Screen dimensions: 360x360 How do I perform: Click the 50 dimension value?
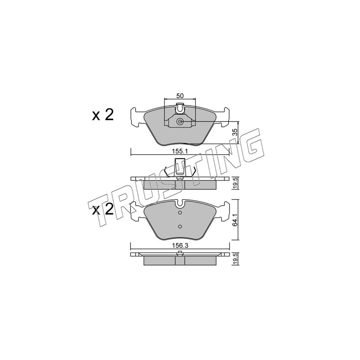pyautogui.click(x=180, y=96)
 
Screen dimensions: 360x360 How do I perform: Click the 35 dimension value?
pyautogui.click(x=234, y=132)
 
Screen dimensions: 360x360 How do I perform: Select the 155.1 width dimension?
pyautogui.click(x=180, y=151)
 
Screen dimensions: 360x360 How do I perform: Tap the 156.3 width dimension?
pyautogui.click(x=180, y=245)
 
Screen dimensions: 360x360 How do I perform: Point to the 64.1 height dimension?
pyautogui.click(x=234, y=220)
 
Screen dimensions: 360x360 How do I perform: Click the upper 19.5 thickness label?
pyautogui.click(x=234, y=184)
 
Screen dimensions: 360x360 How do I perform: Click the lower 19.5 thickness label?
pyautogui.click(x=234, y=260)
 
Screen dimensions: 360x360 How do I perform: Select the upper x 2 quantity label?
pyautogui.click(x=103, y=115)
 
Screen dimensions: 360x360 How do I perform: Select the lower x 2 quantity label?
pyautogui.click(x=103, y=209)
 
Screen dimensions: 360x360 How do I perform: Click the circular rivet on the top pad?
pyautogui.click(x=180, y=121)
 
